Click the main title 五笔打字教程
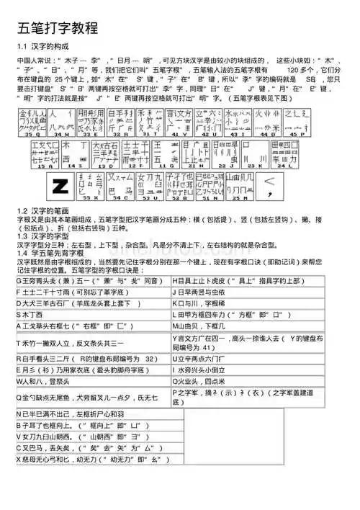pyautogui.click(x=57, y=30)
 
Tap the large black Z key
pyautogui.click(x=60, y=186)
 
